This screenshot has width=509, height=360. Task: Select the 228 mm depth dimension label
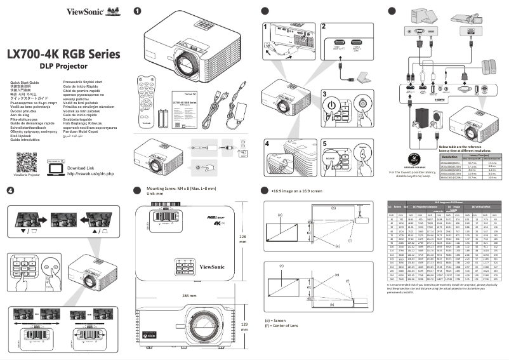pyautogui.click(x=243, y=237)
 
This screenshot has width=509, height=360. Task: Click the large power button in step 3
pyautogui.click(x=332, y=103)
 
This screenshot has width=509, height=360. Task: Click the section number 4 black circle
pyautogui.click(x=10, y=190)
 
